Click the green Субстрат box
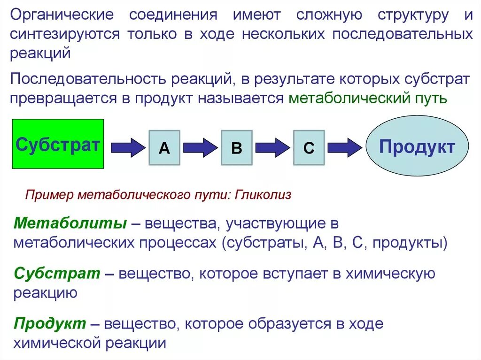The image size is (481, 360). tap(57, 144)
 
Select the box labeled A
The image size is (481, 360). tap(164, 148)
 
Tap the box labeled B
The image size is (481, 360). tap(236, 148)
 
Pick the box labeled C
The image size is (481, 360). tap(309, 148)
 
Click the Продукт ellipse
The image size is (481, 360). tap(417, 146)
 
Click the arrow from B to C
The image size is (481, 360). tap(273, 147)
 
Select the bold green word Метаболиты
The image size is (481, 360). tap(70, 223)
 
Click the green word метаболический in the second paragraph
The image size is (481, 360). tap(347, 99)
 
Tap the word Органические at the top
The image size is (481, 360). tap(62, 15)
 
